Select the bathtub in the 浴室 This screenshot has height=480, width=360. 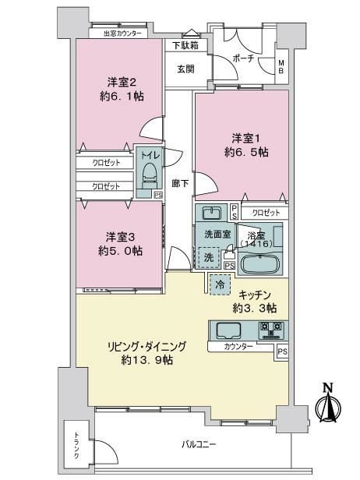tap(260, 263)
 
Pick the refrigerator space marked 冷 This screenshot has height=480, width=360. tap(220, 285)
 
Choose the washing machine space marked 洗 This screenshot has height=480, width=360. tap(209, 258)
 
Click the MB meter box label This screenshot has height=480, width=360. tap(281, 67)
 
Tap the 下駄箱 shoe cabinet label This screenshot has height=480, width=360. tap(185, 46)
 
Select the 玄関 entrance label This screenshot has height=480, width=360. tap(185, 69)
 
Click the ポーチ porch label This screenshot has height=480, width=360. tap(244, 58)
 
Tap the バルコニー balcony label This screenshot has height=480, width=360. tap(199, 444)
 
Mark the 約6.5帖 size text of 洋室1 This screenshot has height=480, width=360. tap(247, 153)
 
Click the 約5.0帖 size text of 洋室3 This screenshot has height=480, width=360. tap(121, 251)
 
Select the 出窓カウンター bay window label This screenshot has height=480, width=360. tap(123, 34)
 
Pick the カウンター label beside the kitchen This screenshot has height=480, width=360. tap(238, 347)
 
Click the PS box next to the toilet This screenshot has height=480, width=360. tap(158, 195)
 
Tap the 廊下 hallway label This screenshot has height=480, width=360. tap(180, 183)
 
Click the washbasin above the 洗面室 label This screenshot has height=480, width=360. tap(211, 213)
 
